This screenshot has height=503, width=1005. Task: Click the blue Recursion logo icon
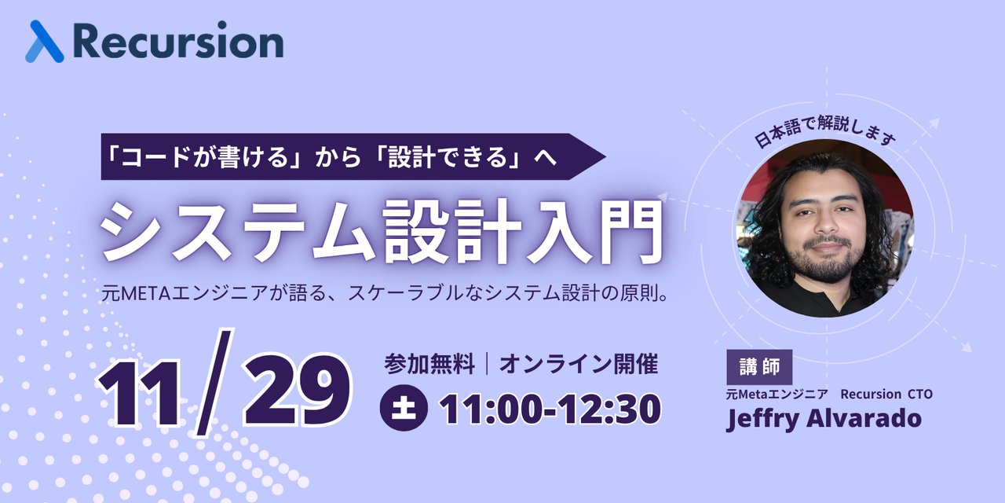point(44,42)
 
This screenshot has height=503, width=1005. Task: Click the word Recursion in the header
point(178,42)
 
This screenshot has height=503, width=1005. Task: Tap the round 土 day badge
point(404,408)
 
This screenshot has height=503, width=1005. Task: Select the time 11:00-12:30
point(550,408)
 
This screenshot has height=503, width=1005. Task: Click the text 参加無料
point(429,364)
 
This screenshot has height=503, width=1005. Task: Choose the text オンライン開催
point(578,364)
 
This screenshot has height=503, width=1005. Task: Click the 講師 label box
point(759,367)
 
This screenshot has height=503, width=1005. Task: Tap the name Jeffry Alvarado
point(824,418)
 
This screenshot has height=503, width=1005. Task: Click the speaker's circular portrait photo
point(824,228)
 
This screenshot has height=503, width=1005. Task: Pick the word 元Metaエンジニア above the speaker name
point(775,395)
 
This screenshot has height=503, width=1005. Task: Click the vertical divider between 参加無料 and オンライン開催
point(488,364)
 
